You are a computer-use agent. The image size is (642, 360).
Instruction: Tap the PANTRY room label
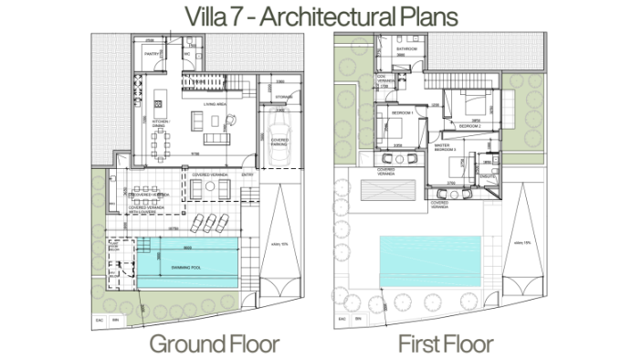(153, 54)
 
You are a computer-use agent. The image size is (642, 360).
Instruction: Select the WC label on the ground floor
(186, 54)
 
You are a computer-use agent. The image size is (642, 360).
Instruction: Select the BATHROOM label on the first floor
(406, 49)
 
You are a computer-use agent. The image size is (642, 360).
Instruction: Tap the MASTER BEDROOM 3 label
(443, 146)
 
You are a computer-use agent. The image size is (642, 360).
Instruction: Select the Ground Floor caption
(214, 344)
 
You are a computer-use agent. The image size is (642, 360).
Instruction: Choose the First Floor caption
(446, 344)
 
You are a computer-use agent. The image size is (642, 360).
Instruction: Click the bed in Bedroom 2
(471, 102)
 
